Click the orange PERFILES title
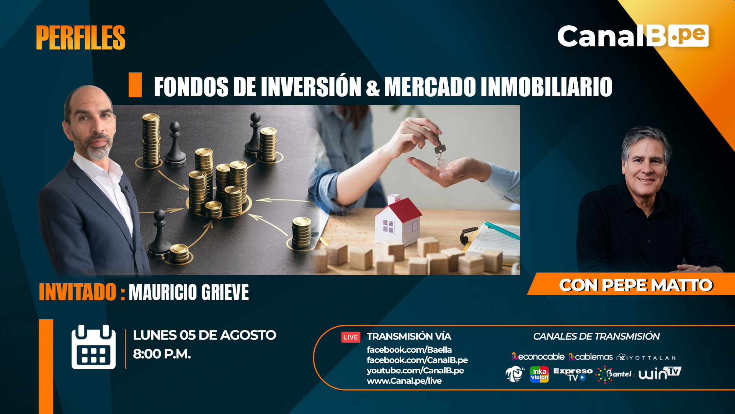(x=81, y=38)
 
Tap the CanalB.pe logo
(x=633, y=36)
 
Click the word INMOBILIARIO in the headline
(x=546, y=87)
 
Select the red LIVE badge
(x=351, y=337)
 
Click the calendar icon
(x=93, y=347)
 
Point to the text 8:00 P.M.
(x=162, y=354)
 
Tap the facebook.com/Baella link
(x=409, y=350)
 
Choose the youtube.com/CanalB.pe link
(x=415, y=370)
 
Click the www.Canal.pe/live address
(x=404, y=381)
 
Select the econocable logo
(x=538, y=357)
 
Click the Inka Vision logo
(x=539, y=375)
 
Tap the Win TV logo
(x=660, y=373)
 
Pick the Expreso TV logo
(x=573, y=374)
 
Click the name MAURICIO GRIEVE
(x=189, y=292)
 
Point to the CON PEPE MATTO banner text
(x=636, y=285)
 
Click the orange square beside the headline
(x=135, y=85)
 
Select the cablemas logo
(x=591, y=357)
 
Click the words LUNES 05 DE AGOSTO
(x=204, y=335)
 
